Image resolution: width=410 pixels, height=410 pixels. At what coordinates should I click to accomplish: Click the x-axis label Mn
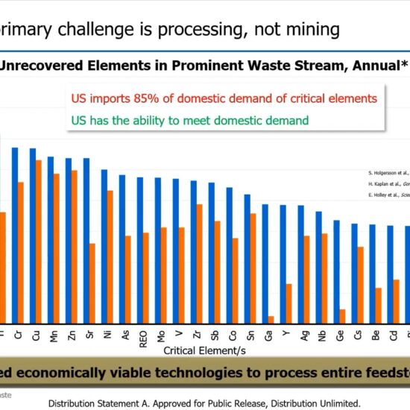53,336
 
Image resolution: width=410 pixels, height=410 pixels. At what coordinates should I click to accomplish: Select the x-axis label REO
142,338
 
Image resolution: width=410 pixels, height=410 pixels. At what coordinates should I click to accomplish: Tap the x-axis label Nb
321,336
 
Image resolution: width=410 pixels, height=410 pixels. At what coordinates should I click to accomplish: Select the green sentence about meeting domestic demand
189,119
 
